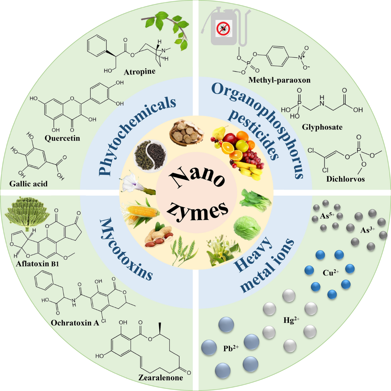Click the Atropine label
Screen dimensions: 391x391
point(139,72)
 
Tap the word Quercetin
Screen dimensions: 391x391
point(62,138)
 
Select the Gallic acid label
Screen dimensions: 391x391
point(28,184)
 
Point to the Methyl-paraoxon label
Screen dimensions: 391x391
point(279,80)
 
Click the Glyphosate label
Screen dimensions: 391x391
point(322,127)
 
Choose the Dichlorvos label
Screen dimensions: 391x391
point(346,179)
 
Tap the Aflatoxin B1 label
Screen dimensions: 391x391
point(37,264)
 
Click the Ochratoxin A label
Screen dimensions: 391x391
point(75,323)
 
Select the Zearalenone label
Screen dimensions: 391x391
point(161,378)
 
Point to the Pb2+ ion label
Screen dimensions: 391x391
point(231,348)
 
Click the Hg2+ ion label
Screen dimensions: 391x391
point(291,320)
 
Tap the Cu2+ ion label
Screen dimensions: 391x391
point(331,272)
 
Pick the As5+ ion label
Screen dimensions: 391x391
point(327,216)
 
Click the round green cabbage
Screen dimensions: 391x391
point(247,228)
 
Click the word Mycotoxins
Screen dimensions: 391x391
point(126,249)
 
